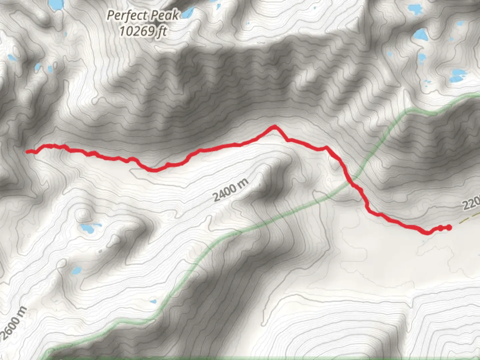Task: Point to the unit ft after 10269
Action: coord(162,31)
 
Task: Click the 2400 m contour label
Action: coord(231,190)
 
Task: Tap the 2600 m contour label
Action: coord(13,323)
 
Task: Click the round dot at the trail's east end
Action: coord(449,228)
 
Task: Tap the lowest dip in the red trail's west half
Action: coord(154,170)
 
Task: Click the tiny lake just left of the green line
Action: coord(153,302)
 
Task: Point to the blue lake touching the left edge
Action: coord(12,58)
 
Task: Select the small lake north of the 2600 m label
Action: coord(76,270)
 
